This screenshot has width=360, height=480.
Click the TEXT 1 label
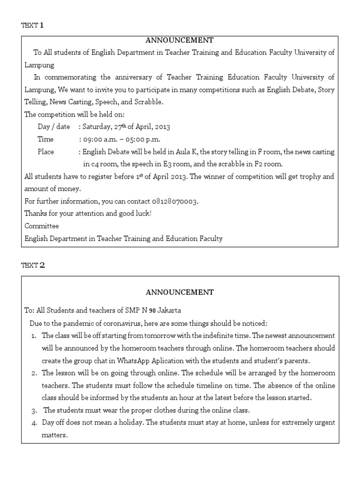[x=32, y=25]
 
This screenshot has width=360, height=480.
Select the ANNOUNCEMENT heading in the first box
[x=180, y=40]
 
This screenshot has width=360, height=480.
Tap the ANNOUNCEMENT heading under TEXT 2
[x=180, y=292]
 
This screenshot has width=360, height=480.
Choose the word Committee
[x=42, y=226]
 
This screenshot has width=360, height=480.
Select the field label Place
[x=46, y=152]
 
